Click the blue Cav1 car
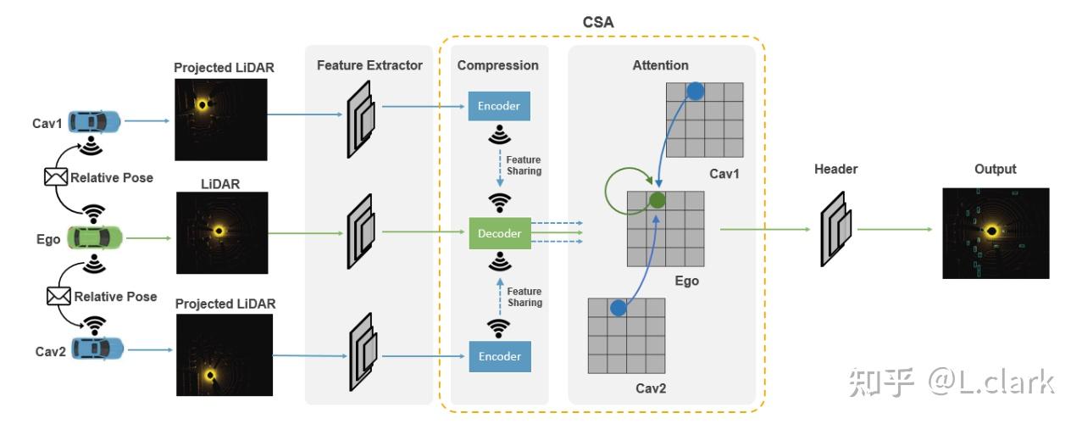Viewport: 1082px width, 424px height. pos(95,122)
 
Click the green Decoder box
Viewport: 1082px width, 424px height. pos(500,232)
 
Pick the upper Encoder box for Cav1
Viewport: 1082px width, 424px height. pos(499,106)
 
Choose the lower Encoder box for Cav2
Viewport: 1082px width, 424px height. pos(500,356)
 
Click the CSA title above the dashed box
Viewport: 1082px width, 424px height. pos(599,20)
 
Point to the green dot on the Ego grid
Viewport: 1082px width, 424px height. pos(656,201)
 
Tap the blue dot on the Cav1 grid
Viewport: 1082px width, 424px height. pos(695,92)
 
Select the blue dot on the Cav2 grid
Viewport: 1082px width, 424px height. pos(618,308)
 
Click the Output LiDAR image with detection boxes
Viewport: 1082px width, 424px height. pos(996,233)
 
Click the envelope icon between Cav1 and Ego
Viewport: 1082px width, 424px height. pos(55,177)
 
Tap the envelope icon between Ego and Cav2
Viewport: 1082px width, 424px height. pos(58,296)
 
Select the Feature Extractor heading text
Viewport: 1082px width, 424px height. pos(369,65)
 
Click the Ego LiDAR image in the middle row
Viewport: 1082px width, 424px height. pos(221,232)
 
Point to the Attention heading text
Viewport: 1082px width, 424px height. pos(660,65)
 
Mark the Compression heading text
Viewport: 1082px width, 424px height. pos(497,65)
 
